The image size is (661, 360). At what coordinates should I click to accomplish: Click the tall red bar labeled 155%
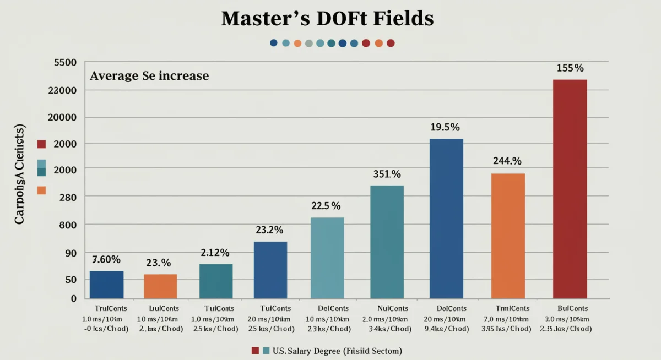click(570, 189)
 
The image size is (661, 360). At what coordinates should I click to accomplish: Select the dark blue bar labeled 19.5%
click(446, 219)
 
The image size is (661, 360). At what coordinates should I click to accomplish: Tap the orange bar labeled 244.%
click(508, 236)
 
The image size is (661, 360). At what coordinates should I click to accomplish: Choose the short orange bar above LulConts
click(160, 286)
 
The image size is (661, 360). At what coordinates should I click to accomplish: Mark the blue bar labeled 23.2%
click(270, 270)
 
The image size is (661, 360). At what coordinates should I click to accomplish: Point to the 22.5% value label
click(326, 206)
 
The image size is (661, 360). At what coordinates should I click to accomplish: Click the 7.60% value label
click(106, 259)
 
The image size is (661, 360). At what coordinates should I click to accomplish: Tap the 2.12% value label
click(215, 253)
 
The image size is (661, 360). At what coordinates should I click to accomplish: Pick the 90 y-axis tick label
click(71, 253)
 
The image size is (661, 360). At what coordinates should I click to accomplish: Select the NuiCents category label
click(393, 308)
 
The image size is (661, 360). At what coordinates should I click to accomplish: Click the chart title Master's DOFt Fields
click(327, 18)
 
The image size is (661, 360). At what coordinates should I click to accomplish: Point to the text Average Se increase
click(149, 76)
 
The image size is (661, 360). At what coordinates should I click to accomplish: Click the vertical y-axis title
click(20, 174)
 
